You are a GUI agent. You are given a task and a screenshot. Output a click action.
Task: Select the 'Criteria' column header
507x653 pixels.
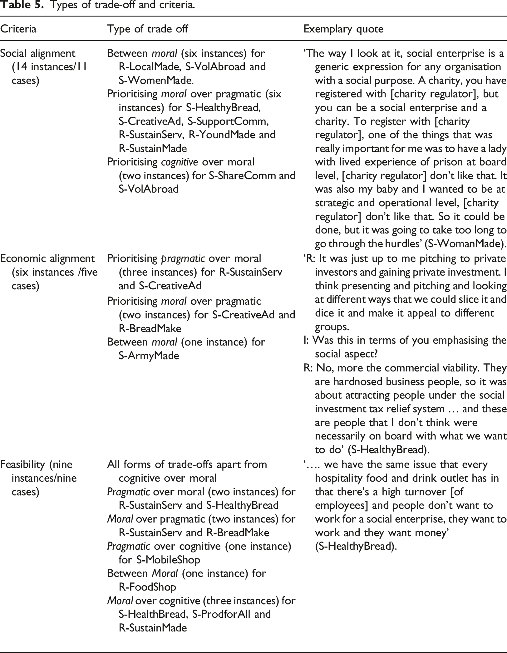pos(18,29)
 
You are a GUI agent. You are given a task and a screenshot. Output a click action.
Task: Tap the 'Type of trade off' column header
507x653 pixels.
pos(147,29)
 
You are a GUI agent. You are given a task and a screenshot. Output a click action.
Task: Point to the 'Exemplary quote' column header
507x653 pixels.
pos(343,29)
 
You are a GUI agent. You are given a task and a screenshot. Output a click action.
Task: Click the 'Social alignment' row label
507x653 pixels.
pos(37,53)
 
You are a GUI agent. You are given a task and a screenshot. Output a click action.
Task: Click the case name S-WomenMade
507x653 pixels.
pos(156,81)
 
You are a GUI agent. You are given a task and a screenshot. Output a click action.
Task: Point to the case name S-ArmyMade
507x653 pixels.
pos(149,356)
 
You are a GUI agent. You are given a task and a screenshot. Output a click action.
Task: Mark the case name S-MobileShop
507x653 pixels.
pos(168,560)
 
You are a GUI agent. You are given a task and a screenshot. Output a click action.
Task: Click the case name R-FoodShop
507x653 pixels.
pos(147,587)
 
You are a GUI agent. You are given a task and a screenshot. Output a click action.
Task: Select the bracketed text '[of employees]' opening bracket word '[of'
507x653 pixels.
pos(456,492)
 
